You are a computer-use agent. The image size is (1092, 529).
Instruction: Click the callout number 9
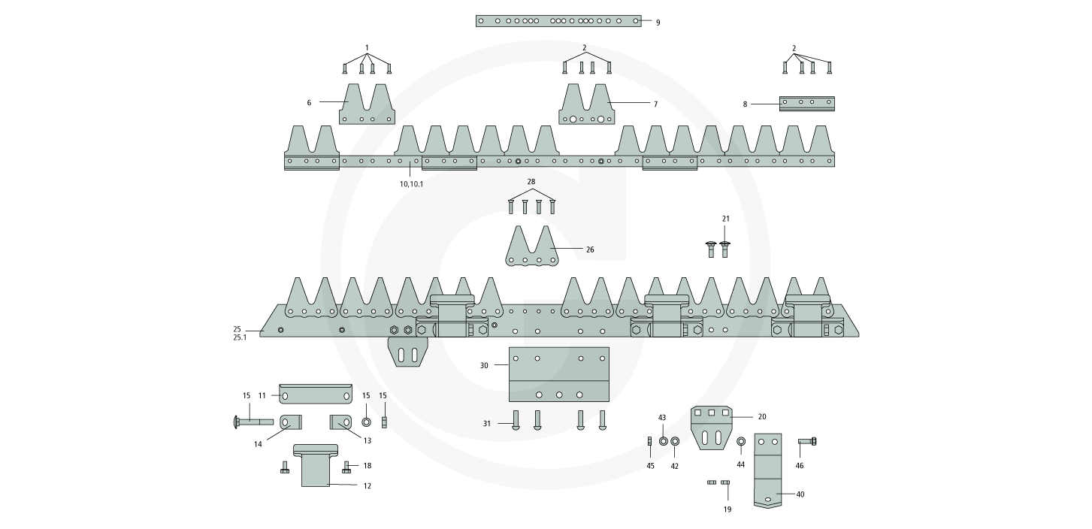658,23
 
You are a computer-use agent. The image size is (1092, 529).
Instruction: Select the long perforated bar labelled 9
558,21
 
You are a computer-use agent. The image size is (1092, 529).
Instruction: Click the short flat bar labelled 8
806,104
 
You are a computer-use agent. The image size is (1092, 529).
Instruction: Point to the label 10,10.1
411,184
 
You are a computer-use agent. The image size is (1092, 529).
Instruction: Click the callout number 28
531,183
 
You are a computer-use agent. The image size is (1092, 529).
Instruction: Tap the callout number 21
725,219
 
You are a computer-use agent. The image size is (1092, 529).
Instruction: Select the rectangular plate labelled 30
559,374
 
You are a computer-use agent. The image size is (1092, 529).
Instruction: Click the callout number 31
487,424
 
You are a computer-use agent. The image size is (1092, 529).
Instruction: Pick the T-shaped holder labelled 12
316,466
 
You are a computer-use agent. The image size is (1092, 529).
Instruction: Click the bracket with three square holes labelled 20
711,427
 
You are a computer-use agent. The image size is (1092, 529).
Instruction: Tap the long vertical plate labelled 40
767,470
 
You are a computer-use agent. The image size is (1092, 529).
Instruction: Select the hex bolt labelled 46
806,441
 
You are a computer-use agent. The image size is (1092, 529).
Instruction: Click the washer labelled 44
741,442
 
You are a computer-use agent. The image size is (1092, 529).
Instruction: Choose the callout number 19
727,509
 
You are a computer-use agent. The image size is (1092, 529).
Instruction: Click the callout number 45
650,466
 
